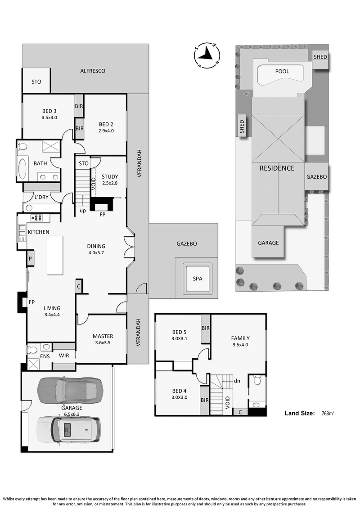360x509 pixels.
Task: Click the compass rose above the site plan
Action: pos(207,56)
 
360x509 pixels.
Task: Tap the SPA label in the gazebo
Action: pos(198,279)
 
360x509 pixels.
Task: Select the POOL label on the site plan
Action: pos(282,72)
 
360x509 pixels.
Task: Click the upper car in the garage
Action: pos(70,390)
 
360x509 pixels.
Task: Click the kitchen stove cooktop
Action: pos(36,217)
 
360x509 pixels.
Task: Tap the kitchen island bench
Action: pos(55,255)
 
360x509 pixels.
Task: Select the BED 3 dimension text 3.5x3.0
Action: pos(49,117)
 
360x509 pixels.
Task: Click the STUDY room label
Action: pos(110,176)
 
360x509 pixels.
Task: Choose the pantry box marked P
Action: pos(30,259)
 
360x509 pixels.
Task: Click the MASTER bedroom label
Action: pos(103,336)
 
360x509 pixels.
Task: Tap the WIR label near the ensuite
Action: pos(64,356)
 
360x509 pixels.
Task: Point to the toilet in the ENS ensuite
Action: pos(32,350)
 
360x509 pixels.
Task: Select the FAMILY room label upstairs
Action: pos(240,338)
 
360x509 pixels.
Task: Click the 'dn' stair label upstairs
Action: pos(237,381)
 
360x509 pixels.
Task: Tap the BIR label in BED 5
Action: pos(206,328)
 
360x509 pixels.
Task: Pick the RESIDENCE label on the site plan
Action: pos(277,168)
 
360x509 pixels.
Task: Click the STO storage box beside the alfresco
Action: pos(36,81)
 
